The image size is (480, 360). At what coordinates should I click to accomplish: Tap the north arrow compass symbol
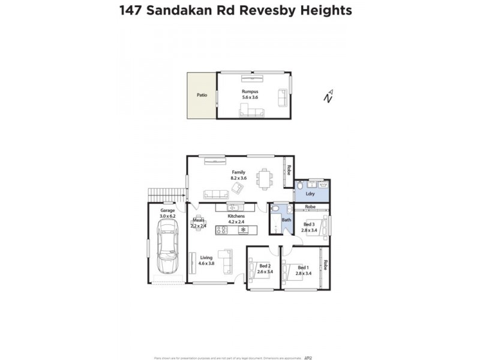pyautogui.click(x=328, y=97)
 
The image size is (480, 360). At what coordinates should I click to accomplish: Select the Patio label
pyautogui.click(x=202, y=95)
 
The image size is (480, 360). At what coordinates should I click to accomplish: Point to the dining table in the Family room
pyautogui.click(x=264, y=178)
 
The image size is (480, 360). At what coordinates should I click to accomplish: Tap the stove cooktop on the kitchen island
pyautogui.click(x=223, y=229)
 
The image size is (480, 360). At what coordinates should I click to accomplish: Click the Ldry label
pyautogui.click(x=310, y=194)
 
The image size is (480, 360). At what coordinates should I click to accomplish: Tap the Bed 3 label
pyautogui.click(x=308, y=224)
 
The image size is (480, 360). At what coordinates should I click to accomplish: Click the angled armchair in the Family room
pyautogui.click(x=238, y=188)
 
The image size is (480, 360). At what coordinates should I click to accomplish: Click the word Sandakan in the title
pyautogui.click(x=182, y=11)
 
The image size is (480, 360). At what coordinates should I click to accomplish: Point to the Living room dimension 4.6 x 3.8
pyautogui.click(x=206, y=263)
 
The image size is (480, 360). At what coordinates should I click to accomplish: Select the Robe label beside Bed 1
pyautogui.click(x=326, y=265)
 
